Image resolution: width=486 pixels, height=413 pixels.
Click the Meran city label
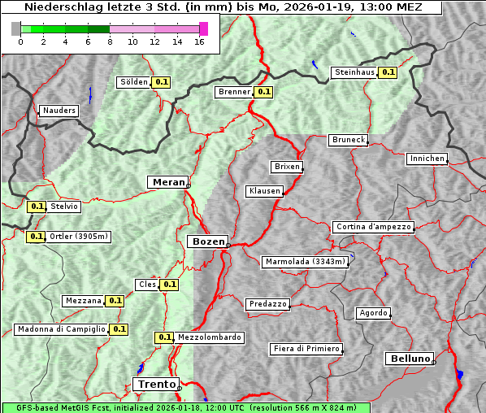(x=167, y=182)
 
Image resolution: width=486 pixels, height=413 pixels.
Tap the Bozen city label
(x=207, y=241)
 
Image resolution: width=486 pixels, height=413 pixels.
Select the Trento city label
(x=155, y=384)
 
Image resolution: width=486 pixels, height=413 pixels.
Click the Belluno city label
(x=410, y=358)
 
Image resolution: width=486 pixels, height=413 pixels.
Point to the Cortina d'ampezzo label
(x=373, y=227)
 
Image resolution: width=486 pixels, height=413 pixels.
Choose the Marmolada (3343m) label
(x=306, y=262)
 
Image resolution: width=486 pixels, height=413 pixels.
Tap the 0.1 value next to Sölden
(x=162, y=82)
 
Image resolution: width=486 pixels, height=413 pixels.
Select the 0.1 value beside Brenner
(x=263, y=92)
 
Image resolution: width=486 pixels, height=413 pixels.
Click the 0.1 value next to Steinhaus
(x=388, y=72)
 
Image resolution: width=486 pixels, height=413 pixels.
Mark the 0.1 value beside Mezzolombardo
(x=164, y=337)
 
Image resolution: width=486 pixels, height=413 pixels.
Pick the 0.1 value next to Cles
(x=169, y=285)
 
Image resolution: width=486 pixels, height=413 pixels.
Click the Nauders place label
(x=59, y=111)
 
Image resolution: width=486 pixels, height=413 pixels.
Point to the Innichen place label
(x=427, y=159)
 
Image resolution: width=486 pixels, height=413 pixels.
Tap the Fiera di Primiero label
(x=306, y=349)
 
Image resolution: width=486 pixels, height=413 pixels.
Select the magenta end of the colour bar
(x=203, y=28)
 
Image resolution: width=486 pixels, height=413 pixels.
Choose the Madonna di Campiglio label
(x=61, y=329)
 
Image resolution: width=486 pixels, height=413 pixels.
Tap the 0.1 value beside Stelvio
(x=37, y=206)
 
